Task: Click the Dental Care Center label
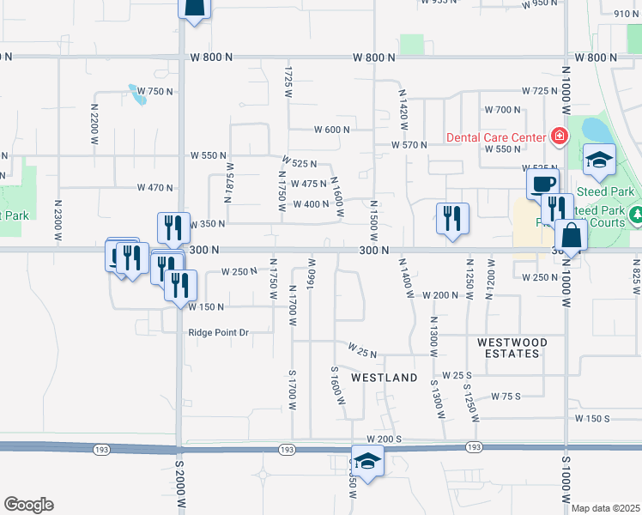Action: click(x=495, y=137)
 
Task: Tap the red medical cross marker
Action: click(x=559, y=136)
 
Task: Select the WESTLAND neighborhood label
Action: click(x=385, y=378)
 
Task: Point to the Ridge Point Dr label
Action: click(x=219, y=333)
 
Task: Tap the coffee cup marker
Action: click(x=542, y=183)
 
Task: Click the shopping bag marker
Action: click(x=570, y=234)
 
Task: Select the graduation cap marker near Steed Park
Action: click(x=599, y=159)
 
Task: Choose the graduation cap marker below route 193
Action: click(x=368, y=461)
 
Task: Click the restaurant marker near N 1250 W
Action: click(x=452, y=218)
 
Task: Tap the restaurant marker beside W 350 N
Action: click(x=173, y=227)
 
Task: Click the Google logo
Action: click(x=28, y=505)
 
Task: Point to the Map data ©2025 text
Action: click(x=605, y=508)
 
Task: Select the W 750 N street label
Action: click(x=155, y=91)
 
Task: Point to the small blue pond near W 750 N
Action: click(x=137, y=94)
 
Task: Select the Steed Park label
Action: click(x=605, y=191)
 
